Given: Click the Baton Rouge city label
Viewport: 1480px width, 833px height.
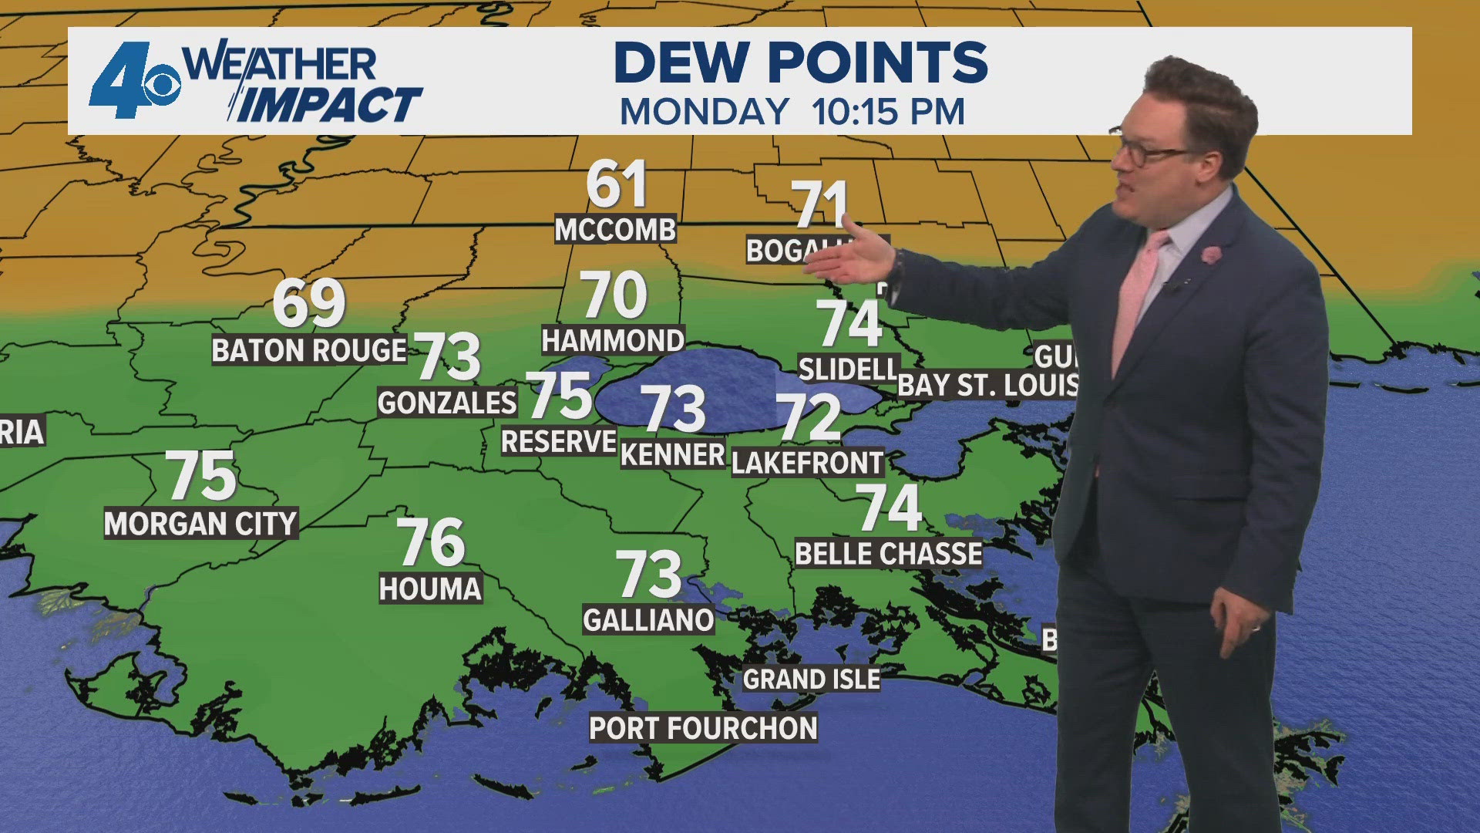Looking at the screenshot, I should pyautogui.click(x=309, y=351).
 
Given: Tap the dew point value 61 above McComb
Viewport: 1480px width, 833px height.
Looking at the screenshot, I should pyautogui.click(x=616, y=185).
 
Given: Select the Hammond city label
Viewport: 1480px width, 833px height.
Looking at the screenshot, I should pyautogui.click(x=613, y=340).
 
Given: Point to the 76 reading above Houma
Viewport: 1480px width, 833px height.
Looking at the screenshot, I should pyautogui.click(x=431, y=542).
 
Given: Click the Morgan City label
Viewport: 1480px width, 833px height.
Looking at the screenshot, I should pyautogui.click(x=200, y=524).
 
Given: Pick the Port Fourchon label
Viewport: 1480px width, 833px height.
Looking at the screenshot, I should pyautogui.click(x=703, y=728).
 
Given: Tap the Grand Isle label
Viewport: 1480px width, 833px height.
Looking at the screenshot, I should pyautogui.click(x=811, y=680).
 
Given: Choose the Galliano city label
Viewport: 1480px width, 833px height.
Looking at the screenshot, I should pyautogui.click(x=648, y=620).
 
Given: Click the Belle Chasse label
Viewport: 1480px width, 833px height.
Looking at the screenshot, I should pyautogui.click(x=889, y=554).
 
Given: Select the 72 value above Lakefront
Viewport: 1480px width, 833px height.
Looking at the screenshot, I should pyautogui.click(x=808, y=417).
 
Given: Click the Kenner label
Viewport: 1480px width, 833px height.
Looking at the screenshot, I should pyautogui.click(x=673, y=455).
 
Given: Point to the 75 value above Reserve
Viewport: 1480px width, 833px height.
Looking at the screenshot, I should pyautogui.click(x=559, y=395).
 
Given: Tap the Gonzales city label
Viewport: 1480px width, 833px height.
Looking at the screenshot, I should pyautogui.click(x=447, y=403).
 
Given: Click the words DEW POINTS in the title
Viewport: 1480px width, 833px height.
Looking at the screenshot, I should pyautogui.click(x=801, y=62).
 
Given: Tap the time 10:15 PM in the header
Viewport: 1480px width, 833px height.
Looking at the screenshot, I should pyautogui.click(x=888, y=113).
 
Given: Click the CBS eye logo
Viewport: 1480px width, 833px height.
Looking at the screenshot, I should pyautogui.click(x=160, y=86).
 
